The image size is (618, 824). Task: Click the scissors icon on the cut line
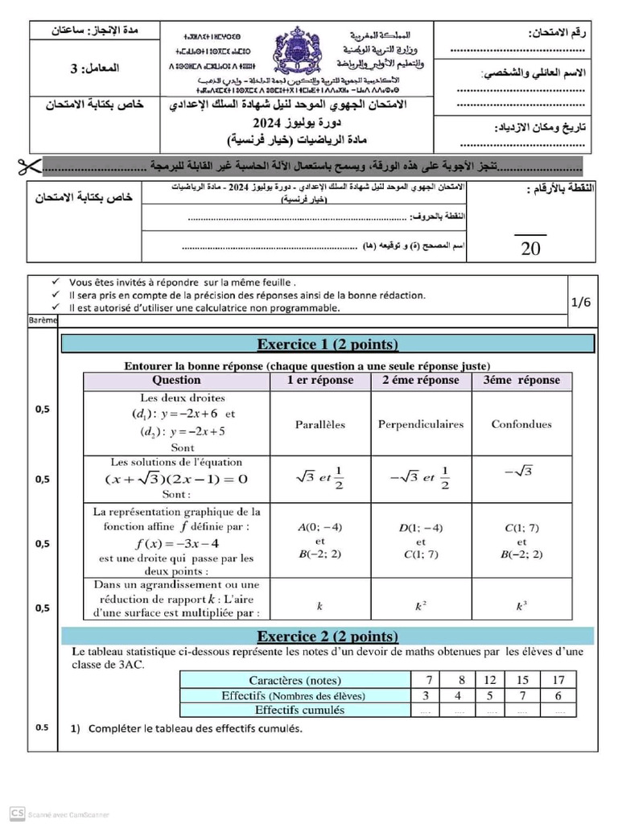pos(24,167)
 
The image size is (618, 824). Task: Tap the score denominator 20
pos(530,248)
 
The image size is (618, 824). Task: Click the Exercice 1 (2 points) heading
pos(328,344)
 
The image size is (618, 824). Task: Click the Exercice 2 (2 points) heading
pos(328,636)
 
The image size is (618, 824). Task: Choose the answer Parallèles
pos(319,424)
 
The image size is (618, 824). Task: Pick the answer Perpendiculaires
pos(421,424)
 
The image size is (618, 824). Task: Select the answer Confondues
pos(521,424)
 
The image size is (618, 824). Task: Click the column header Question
pos(176,380)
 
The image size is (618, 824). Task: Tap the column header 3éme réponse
pos(521,380)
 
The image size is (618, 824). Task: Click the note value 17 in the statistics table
pos(558,680)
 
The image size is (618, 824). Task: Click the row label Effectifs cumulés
pos(299,710)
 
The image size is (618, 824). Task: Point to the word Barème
pos(43,319)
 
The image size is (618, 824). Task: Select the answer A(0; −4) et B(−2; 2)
pos(319,541)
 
